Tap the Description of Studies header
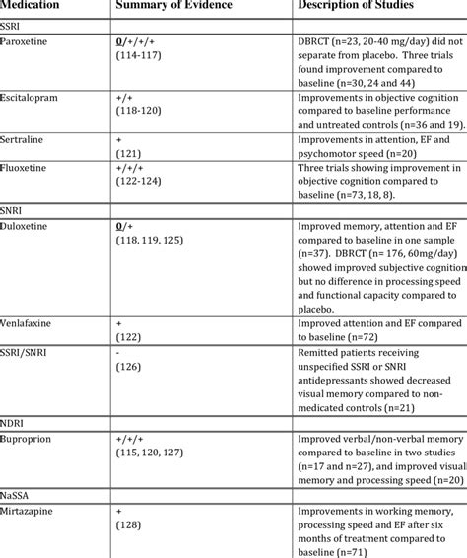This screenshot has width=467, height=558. pos(358,7)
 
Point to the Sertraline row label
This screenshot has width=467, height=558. pos(29,142)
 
